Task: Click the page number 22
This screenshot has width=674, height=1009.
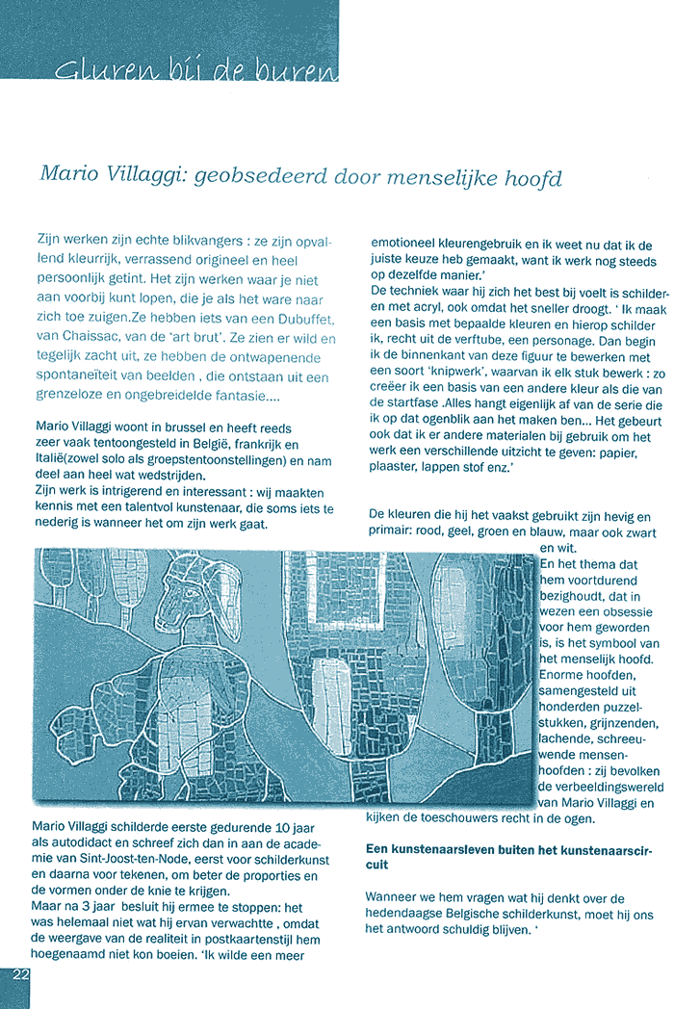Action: [x=20, y=974]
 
